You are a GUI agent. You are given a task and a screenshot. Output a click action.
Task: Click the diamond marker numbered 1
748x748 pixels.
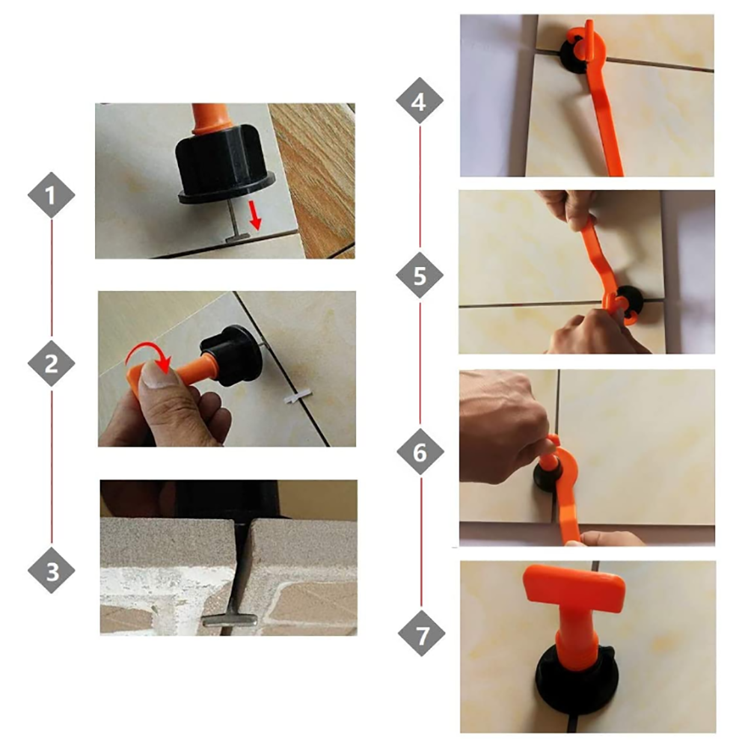[x=51, y=195]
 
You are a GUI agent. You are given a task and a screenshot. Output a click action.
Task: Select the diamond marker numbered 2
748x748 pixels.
[x=51, y=364]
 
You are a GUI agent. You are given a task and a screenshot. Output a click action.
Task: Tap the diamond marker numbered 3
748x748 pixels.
[x=51, y=571]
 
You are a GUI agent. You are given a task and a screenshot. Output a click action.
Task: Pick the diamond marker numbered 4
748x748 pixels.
[x=420, y=101]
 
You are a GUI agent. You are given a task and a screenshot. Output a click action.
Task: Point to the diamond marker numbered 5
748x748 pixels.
[x=420, y=275]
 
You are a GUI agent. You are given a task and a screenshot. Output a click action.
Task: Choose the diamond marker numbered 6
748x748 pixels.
[x=420, y=451]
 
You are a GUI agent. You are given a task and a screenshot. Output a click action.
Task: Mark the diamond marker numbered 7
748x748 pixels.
[x=421, y=634]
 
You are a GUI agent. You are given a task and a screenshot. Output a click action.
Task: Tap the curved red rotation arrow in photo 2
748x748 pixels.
[x=148, y=355]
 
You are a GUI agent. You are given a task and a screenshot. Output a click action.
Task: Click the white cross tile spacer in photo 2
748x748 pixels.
[x=298, y=396]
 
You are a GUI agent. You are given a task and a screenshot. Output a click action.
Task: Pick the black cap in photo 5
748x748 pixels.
[x=629, y=301]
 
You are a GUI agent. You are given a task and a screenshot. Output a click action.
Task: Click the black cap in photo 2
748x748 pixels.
[x=233, y=356]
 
